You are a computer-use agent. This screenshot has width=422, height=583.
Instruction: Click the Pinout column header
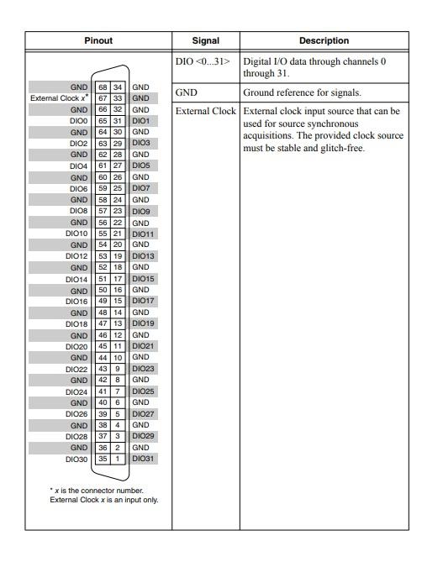point(98,40)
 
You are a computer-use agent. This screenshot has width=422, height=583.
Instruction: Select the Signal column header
point(205,40)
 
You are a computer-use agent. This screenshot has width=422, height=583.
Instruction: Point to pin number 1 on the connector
point(119,459)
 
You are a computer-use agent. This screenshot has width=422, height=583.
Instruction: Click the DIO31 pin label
point(143,459)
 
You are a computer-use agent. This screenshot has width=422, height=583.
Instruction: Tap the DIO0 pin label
point(78,121)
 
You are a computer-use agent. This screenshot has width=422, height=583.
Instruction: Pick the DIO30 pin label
point(76,459)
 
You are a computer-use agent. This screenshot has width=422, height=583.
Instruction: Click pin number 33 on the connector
point(119,98)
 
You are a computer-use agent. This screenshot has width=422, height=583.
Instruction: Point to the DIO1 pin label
point(140,121)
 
